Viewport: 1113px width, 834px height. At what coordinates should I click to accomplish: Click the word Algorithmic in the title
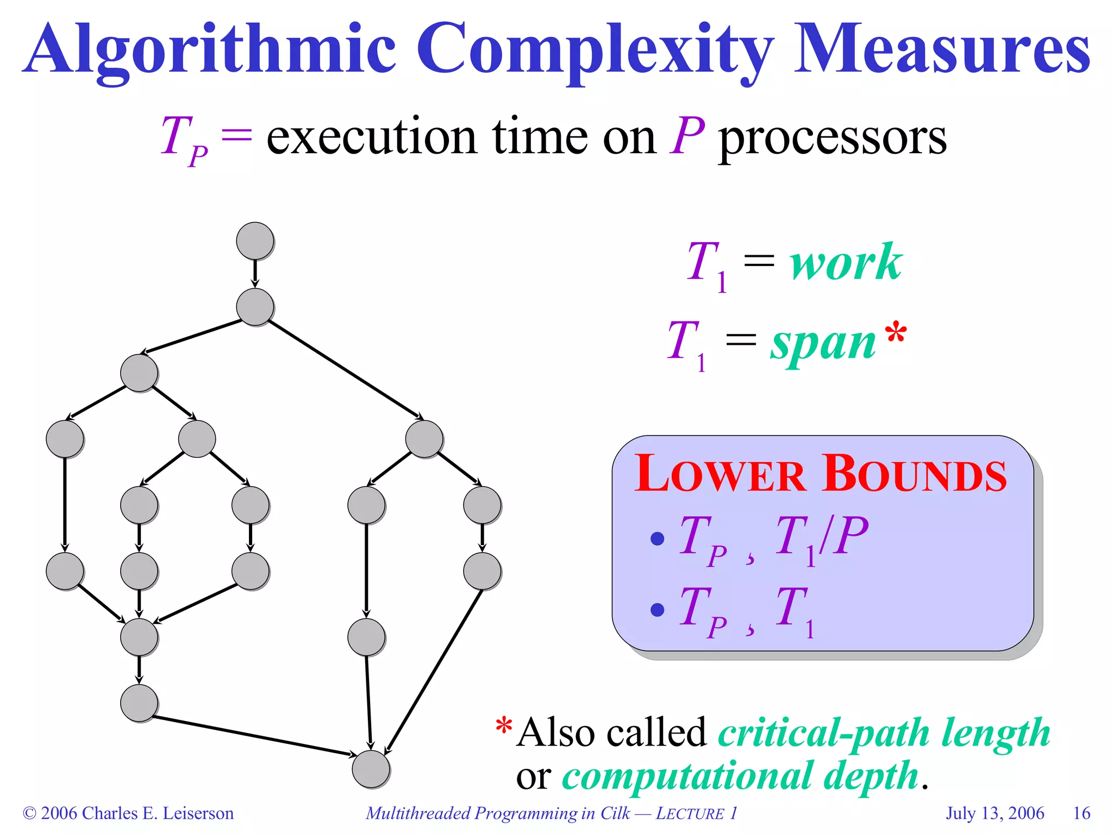[212, 50]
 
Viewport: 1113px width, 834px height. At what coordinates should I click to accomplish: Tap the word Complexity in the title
[595, 50]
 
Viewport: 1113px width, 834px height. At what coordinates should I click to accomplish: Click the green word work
[846, 263]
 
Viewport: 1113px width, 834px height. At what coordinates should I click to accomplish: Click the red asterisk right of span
[896, 332]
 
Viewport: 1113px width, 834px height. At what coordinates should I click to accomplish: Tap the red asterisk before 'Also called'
[504, 726]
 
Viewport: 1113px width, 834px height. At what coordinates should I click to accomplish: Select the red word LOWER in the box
[720, 474]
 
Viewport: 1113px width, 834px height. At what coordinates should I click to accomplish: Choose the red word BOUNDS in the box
[915, 474]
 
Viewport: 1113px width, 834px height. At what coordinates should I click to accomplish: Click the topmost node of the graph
[255, 241]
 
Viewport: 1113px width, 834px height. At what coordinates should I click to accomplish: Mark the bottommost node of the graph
[371, 769]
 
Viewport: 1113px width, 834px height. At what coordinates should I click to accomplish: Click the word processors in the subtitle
[833, 137]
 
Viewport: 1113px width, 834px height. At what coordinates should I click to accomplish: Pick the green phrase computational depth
[740, 776]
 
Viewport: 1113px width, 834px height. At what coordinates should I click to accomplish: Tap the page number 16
[1081, 813]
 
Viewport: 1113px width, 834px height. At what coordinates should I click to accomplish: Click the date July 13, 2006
[995, 813]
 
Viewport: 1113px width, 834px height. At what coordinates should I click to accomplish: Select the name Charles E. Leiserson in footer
[158, 813]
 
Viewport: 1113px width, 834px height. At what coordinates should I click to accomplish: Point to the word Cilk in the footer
[615, 813]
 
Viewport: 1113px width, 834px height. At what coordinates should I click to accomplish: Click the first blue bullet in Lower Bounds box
[657, 539]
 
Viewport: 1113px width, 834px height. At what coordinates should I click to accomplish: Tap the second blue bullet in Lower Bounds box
[657, 610]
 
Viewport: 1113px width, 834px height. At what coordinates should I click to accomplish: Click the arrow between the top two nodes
[255, 274]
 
